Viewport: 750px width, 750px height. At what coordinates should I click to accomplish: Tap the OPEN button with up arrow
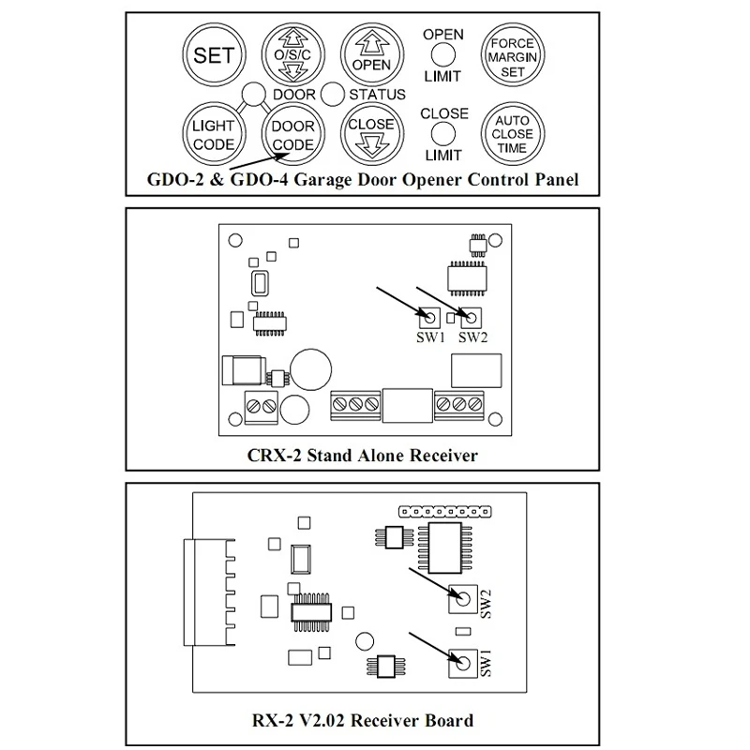(370, 54)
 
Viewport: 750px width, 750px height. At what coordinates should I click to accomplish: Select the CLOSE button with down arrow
(370, 131)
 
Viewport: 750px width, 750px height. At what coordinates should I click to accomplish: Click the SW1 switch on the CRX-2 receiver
(429, 317)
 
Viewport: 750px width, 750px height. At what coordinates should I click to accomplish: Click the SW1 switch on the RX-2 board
(459, 662)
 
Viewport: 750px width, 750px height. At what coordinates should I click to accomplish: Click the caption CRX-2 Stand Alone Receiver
(375, 457)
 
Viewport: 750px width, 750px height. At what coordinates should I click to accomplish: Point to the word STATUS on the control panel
(377, 94)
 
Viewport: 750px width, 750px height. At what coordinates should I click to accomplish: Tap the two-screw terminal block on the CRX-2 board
(262, 405)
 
